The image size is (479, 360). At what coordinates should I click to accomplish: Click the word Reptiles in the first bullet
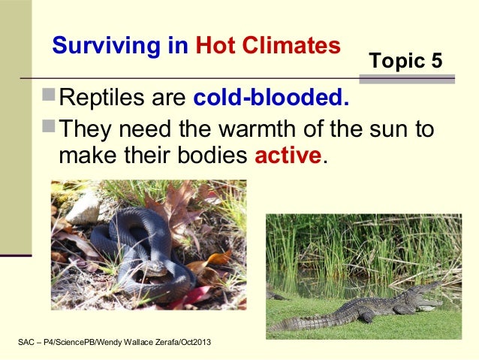coord(98,98)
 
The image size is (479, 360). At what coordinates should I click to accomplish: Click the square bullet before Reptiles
coord(50,98)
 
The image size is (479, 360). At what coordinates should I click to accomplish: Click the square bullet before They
coord(50,129)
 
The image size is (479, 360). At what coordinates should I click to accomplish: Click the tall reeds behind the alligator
coord(353,248)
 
